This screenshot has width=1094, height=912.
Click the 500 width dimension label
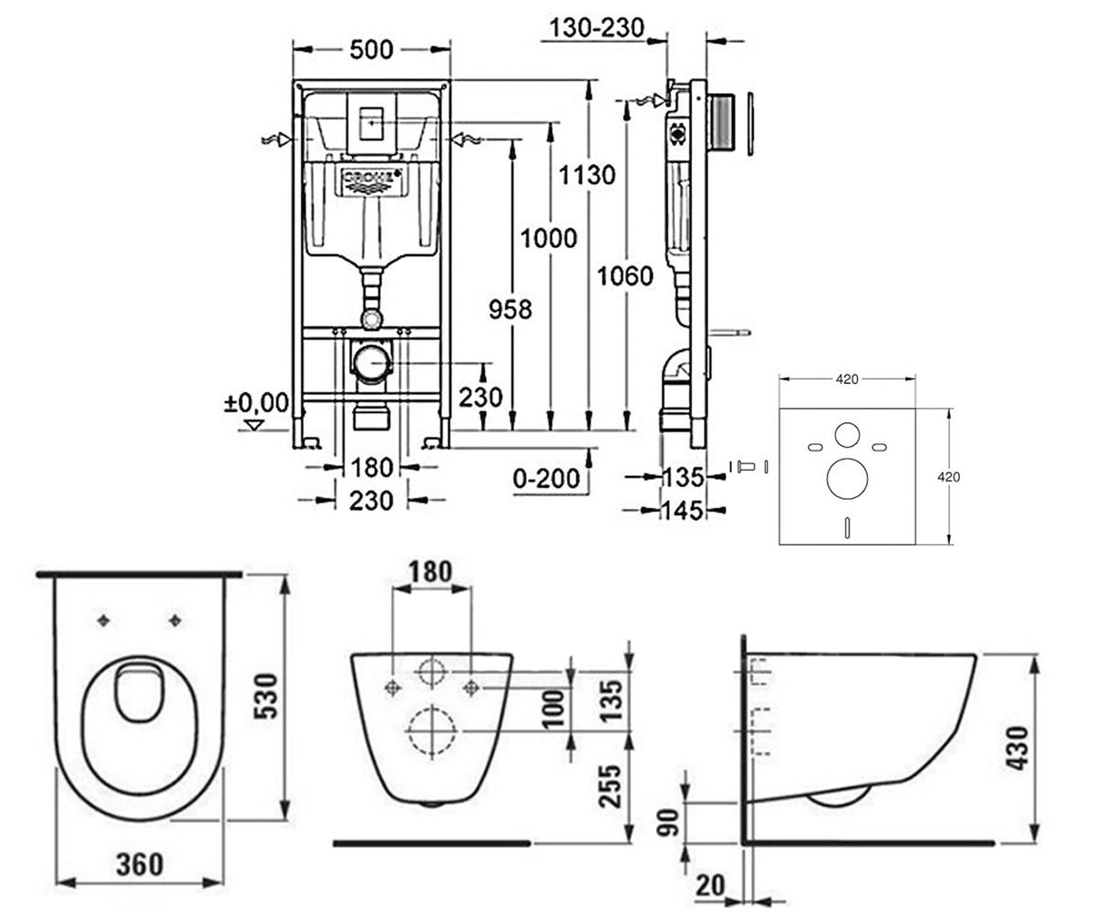(371, 50)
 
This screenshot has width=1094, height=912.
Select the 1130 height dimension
(586, 174)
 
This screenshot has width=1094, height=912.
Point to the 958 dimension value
(510, 309)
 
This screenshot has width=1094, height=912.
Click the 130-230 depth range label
(597, 27)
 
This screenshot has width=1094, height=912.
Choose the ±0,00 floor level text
(256, 402)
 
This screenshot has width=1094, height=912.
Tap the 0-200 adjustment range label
(546, 478)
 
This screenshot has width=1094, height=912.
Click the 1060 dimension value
(625, 275)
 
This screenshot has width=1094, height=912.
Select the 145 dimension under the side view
(682, 511)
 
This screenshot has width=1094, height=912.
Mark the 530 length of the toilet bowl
(267, 696)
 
